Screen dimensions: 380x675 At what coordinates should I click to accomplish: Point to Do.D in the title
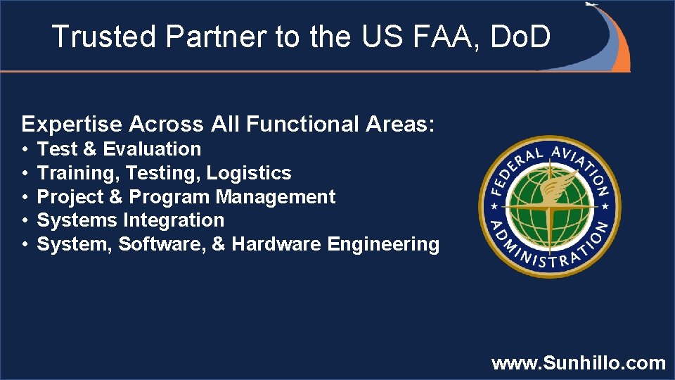pyautogui.click(x=520, y=37)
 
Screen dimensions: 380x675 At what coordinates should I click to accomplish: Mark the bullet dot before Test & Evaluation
pyautogui.click(x=24, y=150)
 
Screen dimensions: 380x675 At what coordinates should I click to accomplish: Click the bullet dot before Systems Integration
pyautogui.click(x=24, y=221)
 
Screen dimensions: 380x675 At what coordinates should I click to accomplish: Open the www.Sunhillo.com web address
pyautogui.click(x=578, y=363)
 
